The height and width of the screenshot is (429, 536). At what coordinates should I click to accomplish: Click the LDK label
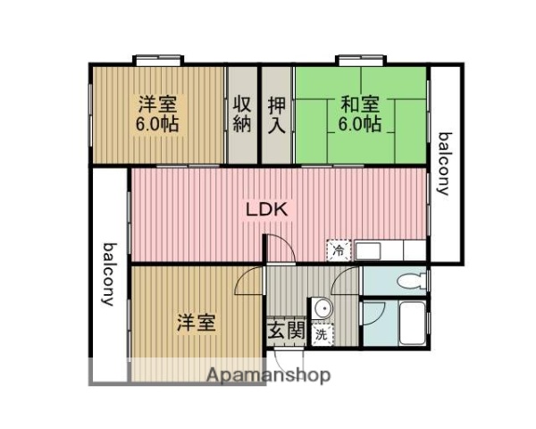pyautogui.click(x=265, y=211)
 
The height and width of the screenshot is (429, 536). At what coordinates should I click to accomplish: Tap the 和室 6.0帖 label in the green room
pyautogui.click(x=359, y=114)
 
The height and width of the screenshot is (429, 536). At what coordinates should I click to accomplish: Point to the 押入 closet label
pyautogui.click(x=278, y=114)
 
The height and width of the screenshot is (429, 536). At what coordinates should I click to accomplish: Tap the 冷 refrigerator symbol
pyautogui.click(x=339, y=251)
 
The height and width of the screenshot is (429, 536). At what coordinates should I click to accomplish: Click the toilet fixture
pyautogui.click(x=410, y=281)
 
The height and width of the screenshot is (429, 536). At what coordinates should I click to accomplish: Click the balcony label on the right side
pyautogui.click(x=444, y=164)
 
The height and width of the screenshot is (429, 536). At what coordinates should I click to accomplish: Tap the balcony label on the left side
pyautogui.click(x=109, y=273)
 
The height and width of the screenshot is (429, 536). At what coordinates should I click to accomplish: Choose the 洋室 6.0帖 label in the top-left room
pyautogui.click(x=157, y=114)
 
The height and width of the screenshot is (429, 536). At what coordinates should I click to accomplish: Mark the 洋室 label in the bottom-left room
pyautogui.click(x=195, y=322)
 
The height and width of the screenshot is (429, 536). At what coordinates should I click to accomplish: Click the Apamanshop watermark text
pyautogui.click(x=268, y=374)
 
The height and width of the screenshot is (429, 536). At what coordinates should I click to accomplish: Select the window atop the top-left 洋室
pyautogui.click(x=158, y=61)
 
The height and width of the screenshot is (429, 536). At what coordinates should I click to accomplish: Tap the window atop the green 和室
pyautogui.click(x=360, y=61)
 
